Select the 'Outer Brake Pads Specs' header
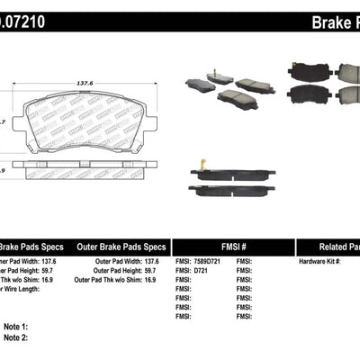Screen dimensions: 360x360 pyautogui.click(x=121, y=246)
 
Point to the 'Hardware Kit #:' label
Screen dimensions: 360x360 pyautogui.click(x=323, y=260)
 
